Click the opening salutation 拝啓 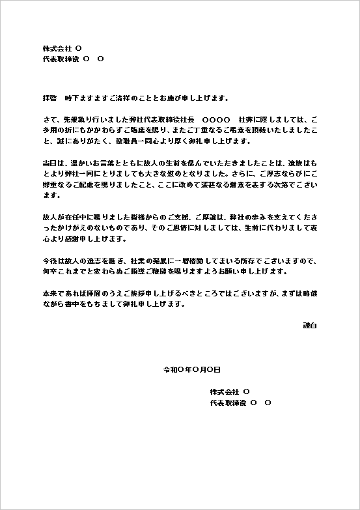coord(49,98)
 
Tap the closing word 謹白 coord(310,324)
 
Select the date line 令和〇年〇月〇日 coord(191,369)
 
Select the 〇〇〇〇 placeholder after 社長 coord(216,120)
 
